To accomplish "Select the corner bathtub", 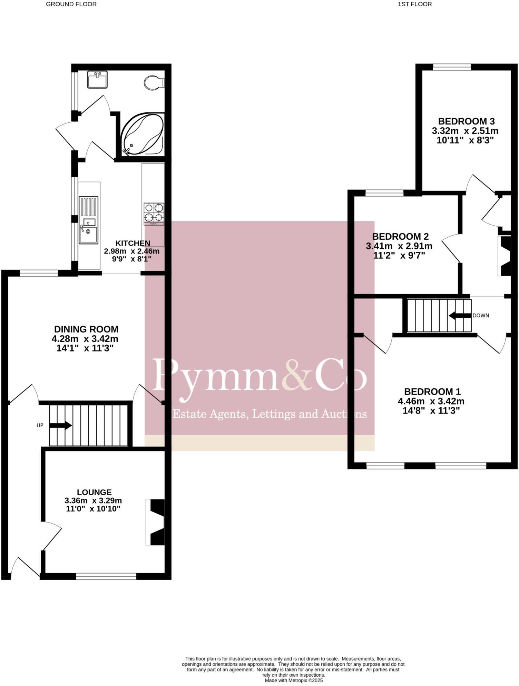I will point(142,135).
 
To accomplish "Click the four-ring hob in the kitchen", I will point(154,213).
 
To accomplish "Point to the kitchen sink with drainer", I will point(88,220).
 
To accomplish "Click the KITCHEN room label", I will point(133,243).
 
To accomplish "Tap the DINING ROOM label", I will point(86,329).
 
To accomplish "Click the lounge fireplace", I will point(155,522).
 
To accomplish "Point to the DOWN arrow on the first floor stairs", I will point(460,315).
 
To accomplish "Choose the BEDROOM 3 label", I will point(466,121).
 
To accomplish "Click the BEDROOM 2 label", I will point(400,237).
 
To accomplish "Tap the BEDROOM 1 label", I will point(432,392).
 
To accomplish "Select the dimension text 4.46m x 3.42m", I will point(431,401).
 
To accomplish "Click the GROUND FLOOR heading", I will point(71,4).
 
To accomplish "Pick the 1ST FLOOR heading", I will point(415,4).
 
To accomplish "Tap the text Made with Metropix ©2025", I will point(294,680).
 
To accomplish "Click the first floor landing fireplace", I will point(504,256).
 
